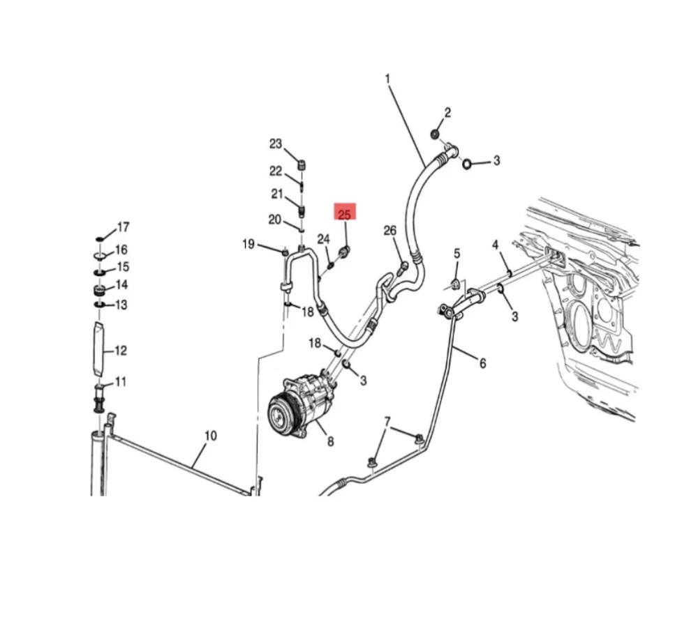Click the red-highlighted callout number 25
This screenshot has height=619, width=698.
345,214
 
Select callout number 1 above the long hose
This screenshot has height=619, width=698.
388,79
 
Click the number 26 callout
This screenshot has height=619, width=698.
389,231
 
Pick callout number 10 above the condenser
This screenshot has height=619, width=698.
210,436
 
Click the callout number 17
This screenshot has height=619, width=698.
123,227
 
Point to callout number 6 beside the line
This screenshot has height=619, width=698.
482,362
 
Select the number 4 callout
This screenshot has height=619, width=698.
495,245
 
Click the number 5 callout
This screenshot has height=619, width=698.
457,253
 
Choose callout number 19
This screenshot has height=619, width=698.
248,244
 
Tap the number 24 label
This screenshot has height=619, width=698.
323,239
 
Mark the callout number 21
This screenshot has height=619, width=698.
277,194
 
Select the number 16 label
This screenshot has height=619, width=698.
121,250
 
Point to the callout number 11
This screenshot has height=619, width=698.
121,381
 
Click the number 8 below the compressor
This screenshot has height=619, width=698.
330,441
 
